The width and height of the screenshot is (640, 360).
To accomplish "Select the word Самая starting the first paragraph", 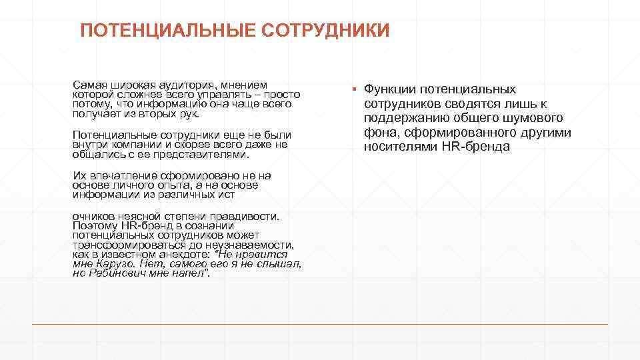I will pos(89,85).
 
